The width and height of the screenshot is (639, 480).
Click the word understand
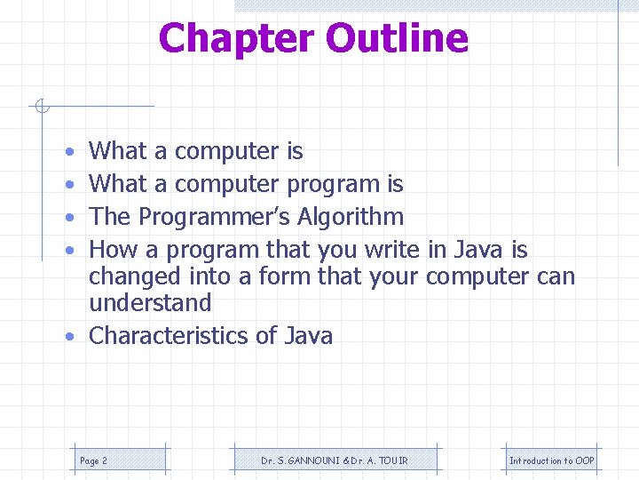(150, 303)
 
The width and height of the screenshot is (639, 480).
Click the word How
(113, 250)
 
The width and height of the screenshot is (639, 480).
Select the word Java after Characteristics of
(308, 336)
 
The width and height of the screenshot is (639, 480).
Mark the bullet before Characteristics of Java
(69, 337)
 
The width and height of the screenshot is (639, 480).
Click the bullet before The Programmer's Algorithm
(69, 218)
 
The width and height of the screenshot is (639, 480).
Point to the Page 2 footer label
(93, 460)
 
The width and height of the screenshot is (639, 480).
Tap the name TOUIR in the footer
(394, 460)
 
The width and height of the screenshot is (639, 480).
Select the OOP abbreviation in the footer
(585, 460)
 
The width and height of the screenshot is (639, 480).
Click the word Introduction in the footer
(535, 460)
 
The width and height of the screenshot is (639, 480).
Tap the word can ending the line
(556, 276)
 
